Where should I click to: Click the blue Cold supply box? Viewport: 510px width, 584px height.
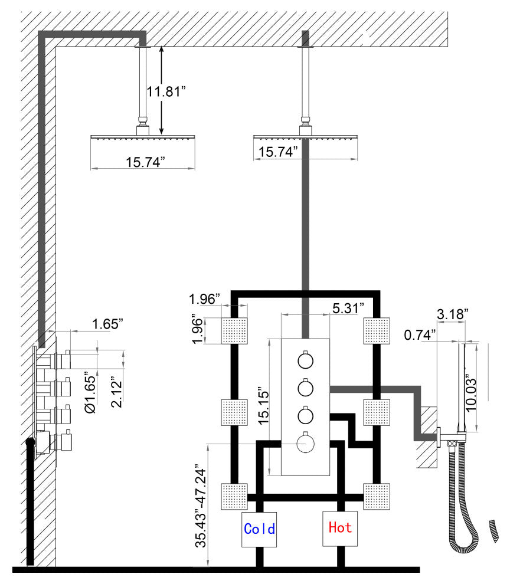259,529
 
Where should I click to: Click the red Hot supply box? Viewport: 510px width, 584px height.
340,528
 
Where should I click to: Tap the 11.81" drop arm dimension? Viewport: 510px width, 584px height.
165,91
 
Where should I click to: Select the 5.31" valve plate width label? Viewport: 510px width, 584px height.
348,309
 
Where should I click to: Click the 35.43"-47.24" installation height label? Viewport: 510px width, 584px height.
201,506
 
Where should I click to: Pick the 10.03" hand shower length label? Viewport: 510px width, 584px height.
471,394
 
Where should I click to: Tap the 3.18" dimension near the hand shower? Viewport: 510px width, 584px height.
453,314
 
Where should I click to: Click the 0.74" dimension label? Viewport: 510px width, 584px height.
420,335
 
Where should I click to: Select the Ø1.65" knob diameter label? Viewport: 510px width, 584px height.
90,392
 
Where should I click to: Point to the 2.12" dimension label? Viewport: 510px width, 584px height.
116,393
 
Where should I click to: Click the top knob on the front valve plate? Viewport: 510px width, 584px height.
305,360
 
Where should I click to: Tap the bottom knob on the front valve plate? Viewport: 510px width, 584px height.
305,444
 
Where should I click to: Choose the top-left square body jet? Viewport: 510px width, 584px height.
234,331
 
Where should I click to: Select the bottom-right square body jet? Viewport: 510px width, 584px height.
377,497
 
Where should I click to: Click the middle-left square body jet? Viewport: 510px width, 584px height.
234,412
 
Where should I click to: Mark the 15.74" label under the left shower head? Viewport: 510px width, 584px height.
145,162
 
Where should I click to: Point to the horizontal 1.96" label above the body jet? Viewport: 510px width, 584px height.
204,298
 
